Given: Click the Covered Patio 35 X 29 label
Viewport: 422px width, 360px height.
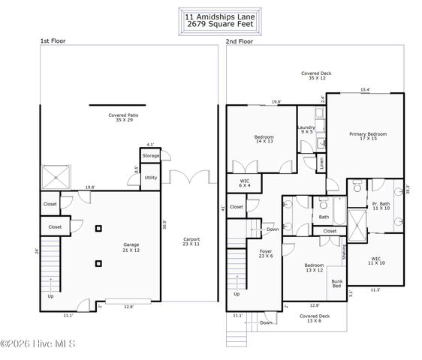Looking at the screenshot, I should [x=124, y=118].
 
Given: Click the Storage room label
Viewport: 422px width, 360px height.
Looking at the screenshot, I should [x=151, y=156].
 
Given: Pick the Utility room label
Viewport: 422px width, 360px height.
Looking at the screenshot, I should [x=151, y=178].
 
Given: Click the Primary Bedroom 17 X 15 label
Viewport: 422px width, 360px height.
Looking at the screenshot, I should [x=368, y=136].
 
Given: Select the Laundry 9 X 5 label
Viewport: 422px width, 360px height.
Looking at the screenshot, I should [x=306, y=130].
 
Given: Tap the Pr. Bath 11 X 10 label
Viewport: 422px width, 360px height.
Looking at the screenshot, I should [x=380, y=206].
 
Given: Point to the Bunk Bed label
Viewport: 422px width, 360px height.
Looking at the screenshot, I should [x=336, y=283].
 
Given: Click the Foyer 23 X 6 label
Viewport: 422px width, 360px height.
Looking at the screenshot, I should [x=266, y=254].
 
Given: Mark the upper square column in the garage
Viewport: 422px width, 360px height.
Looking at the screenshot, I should [x=98, y=229].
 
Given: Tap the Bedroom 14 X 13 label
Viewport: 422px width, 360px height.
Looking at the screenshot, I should [x=263, y=140].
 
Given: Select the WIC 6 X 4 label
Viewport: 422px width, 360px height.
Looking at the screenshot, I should [x=244, y=182].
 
